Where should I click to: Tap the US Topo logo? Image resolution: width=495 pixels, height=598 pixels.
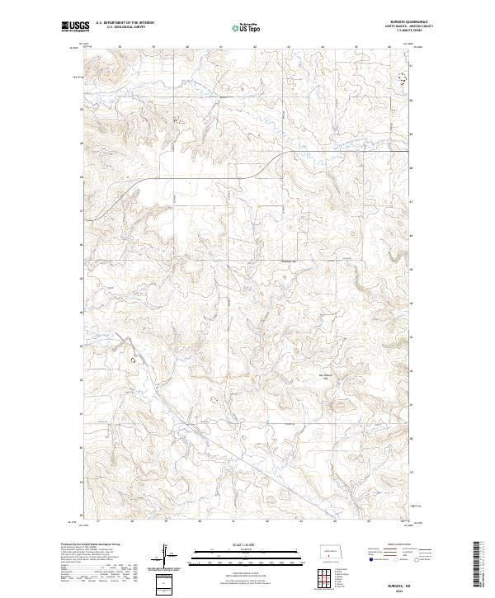click(248, 26)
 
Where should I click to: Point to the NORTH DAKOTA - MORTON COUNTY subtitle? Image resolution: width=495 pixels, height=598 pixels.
click(416, 27)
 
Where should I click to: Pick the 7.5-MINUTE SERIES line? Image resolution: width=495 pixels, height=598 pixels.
click(416, 31)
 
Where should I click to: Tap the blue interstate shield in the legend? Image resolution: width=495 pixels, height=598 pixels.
click(365, 558)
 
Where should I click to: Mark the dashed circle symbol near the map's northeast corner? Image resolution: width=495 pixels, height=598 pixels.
click(403, 78)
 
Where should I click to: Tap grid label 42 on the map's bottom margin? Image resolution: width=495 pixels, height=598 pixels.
click(267, 521)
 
